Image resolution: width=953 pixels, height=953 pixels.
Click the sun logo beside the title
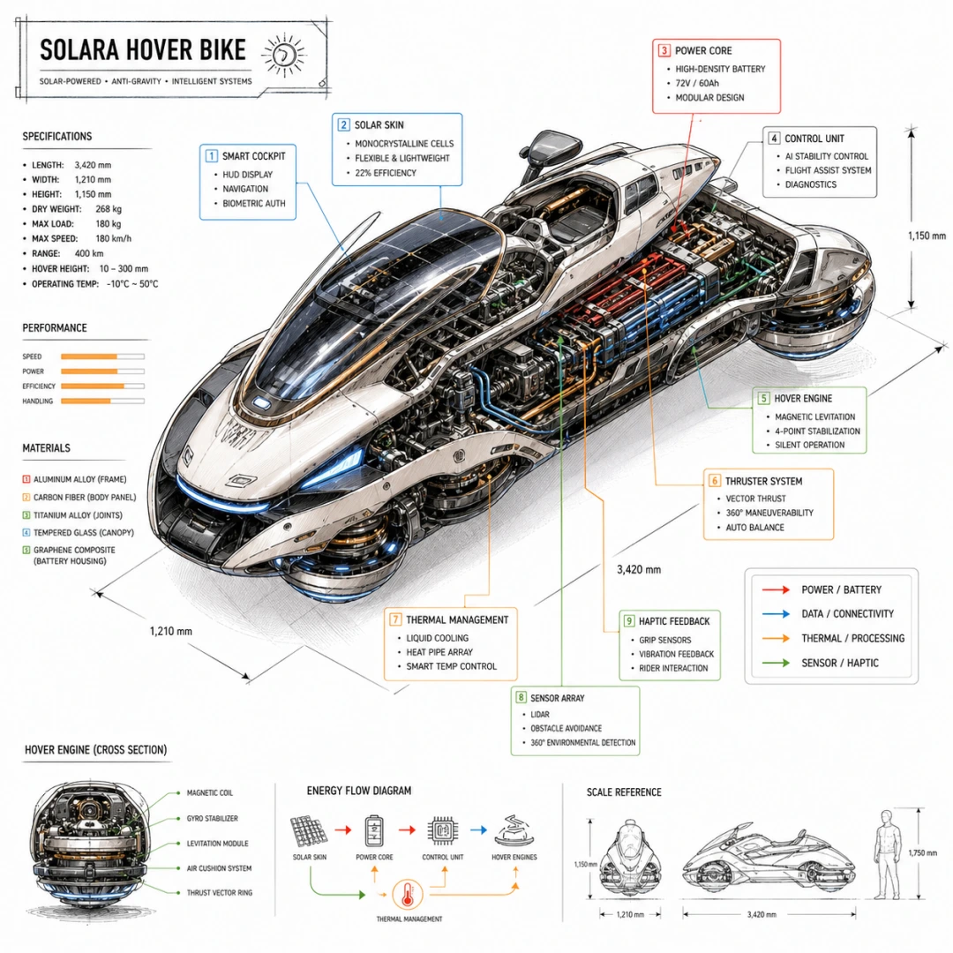[x=284, y=56]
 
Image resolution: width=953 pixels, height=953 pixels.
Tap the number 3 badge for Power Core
[x=664, y=50]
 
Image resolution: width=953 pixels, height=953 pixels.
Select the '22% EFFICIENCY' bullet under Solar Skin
[x=386, y=173]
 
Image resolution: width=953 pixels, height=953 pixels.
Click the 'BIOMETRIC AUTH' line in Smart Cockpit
[x=253, y=204]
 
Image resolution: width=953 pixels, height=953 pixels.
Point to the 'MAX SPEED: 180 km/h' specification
[x=81, y=239]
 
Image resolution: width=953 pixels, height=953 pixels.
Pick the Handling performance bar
[x=102, y=401]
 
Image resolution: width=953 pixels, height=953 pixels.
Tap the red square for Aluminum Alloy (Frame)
[x=26, y=479]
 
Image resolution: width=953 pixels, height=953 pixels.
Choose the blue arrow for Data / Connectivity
[x=776, y=614]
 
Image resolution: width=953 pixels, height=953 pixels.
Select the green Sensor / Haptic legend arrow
[x=776, y=663]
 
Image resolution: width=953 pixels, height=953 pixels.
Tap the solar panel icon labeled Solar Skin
[x=309, y=831]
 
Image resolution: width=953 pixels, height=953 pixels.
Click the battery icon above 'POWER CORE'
[x=374, y=831]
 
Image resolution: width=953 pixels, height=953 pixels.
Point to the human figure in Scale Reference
[x=887, y=854]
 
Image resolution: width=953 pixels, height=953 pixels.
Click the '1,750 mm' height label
[x=923, y=853]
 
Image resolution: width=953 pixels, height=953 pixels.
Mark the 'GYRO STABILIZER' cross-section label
[x=212, y=819]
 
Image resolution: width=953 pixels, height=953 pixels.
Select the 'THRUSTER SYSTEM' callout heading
[x=763, y=482]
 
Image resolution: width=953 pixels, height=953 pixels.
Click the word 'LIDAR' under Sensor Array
[x=540, y=715]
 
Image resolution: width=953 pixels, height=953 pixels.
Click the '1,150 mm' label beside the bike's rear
[x=927, y=236]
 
